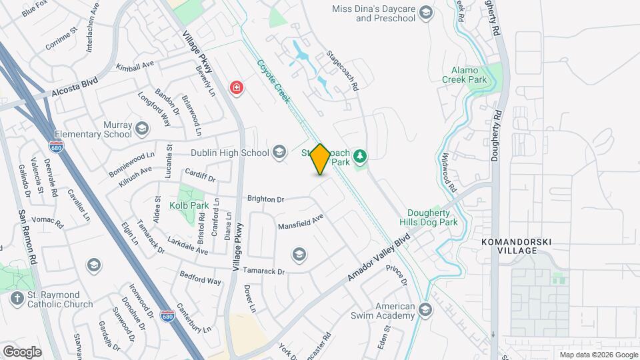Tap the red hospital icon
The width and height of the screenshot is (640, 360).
pyautogui.click(x=236, y=87)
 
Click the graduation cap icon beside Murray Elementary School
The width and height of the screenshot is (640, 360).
pyautogui.click(x=142, y=128)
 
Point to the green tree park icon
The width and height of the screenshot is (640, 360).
pyautogui.click(x=361, y=156)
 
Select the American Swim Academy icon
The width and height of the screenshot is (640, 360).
pyautogui.click(x=425, y=310)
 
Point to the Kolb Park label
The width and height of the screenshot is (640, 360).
pyautogui.click(x=189, y=205)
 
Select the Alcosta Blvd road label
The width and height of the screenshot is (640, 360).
pyautogui.click(x=70, y=89)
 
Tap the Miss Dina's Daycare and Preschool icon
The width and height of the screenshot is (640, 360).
pyautogui.click(x=426, y=13)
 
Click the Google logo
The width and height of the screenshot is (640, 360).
pyautogui.click(x=22, y=351)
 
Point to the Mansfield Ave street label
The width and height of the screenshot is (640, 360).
pyautogui.click(x=301, y=220)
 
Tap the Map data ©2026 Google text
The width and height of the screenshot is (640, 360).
pyautogui.click(x=598, y=355)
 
